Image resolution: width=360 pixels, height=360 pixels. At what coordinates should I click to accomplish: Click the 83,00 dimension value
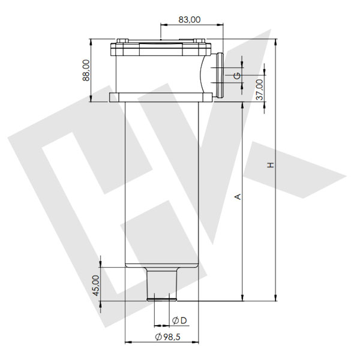pos(190,20)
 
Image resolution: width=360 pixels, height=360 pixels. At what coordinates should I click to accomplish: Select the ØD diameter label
pos(179,319)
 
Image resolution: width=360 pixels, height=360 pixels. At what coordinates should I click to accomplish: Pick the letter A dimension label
pos(238,196)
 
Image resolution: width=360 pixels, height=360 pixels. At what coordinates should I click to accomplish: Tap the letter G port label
pos(238,76)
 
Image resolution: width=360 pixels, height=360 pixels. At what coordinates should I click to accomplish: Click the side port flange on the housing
pos(218,75)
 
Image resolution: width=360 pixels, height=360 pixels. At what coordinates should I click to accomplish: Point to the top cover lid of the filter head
pos(161,46)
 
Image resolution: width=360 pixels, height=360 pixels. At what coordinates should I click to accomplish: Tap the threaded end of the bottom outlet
pos(163,296)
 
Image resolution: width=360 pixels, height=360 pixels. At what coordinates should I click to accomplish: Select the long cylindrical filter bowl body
pos(162,180)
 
